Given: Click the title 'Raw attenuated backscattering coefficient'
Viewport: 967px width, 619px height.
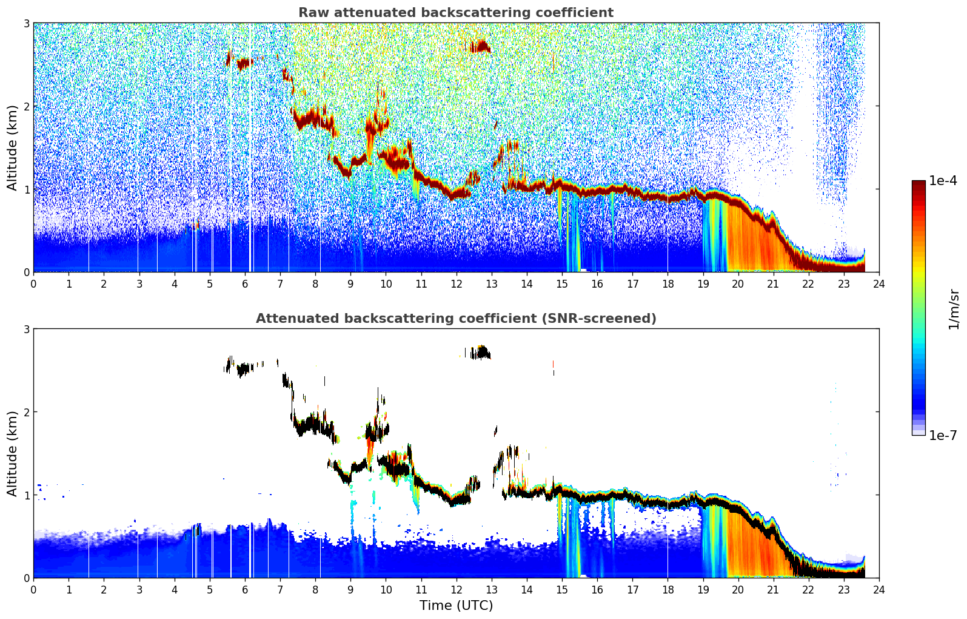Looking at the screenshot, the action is (456, 13).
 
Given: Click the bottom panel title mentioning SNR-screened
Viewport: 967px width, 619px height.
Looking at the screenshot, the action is (456, 318).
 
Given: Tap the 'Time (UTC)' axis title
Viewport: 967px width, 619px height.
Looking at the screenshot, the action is (456, 605).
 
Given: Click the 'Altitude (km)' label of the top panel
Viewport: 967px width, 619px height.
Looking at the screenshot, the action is (12, 147).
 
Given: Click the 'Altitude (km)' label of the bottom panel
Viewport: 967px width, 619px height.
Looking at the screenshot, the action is (12, 453).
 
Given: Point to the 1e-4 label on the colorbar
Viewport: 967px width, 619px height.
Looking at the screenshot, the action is (943, 181).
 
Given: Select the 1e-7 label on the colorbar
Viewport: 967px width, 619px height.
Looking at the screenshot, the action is (943, 435).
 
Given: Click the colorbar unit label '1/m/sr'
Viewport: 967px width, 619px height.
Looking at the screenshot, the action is (954, 309).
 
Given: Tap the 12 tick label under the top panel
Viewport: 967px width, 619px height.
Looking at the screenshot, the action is (457, 284).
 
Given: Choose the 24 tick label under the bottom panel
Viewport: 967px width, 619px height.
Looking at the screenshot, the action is (879, 590).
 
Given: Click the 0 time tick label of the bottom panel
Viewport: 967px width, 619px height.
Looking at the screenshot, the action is (34, 590).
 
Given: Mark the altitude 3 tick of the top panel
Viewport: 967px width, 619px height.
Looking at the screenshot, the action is (26, 23).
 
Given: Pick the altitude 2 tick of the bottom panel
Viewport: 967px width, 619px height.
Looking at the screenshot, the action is (26, 412).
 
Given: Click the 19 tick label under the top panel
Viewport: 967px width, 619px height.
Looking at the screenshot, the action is (703, 284).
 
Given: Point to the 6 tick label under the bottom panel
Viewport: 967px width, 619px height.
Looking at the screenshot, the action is (245, 590).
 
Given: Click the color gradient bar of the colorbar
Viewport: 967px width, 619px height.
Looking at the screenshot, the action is (918, 308).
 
